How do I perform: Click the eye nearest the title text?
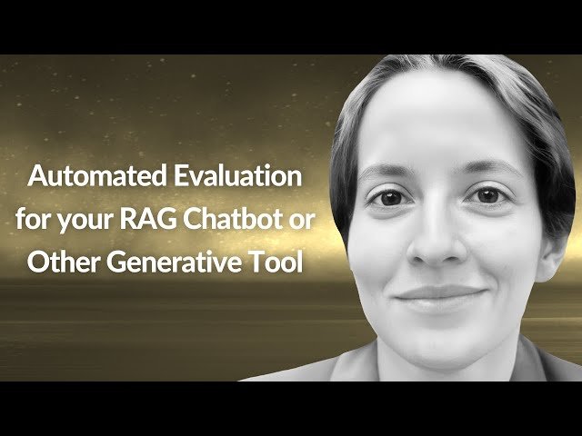coord(388,197)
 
